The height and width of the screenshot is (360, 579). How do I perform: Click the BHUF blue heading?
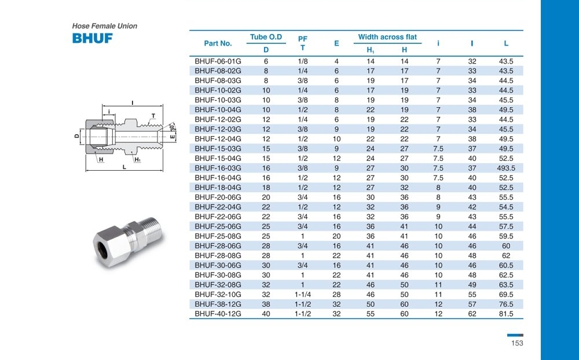tap(92, 39)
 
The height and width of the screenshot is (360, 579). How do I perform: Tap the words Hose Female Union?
tap(104, 26)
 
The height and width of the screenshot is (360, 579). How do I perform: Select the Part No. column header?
tap(218, 43)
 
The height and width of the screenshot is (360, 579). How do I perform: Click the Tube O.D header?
tap(266, 37)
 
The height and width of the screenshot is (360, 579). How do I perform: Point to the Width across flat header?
tap(387, 37)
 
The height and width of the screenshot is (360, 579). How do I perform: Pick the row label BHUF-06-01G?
tap(218, 61)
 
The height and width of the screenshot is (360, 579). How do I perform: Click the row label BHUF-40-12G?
tap(218, 314)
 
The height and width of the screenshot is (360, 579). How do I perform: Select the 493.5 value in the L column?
tap(506, 168)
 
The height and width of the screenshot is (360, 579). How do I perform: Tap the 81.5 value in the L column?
tap(506, 314)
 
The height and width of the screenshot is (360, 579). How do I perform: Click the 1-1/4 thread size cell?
tap(302, 294)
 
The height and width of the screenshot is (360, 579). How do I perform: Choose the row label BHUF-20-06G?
tap(218, 197)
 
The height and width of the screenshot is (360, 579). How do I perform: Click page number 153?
tap(517, 343)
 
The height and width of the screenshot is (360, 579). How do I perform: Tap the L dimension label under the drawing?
tap(124, 167)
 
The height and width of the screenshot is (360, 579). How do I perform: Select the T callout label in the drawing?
tap(153, 116)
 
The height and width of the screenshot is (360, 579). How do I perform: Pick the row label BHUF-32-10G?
tap(218, 294)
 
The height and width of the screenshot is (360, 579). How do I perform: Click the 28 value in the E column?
tap(336, 294)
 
